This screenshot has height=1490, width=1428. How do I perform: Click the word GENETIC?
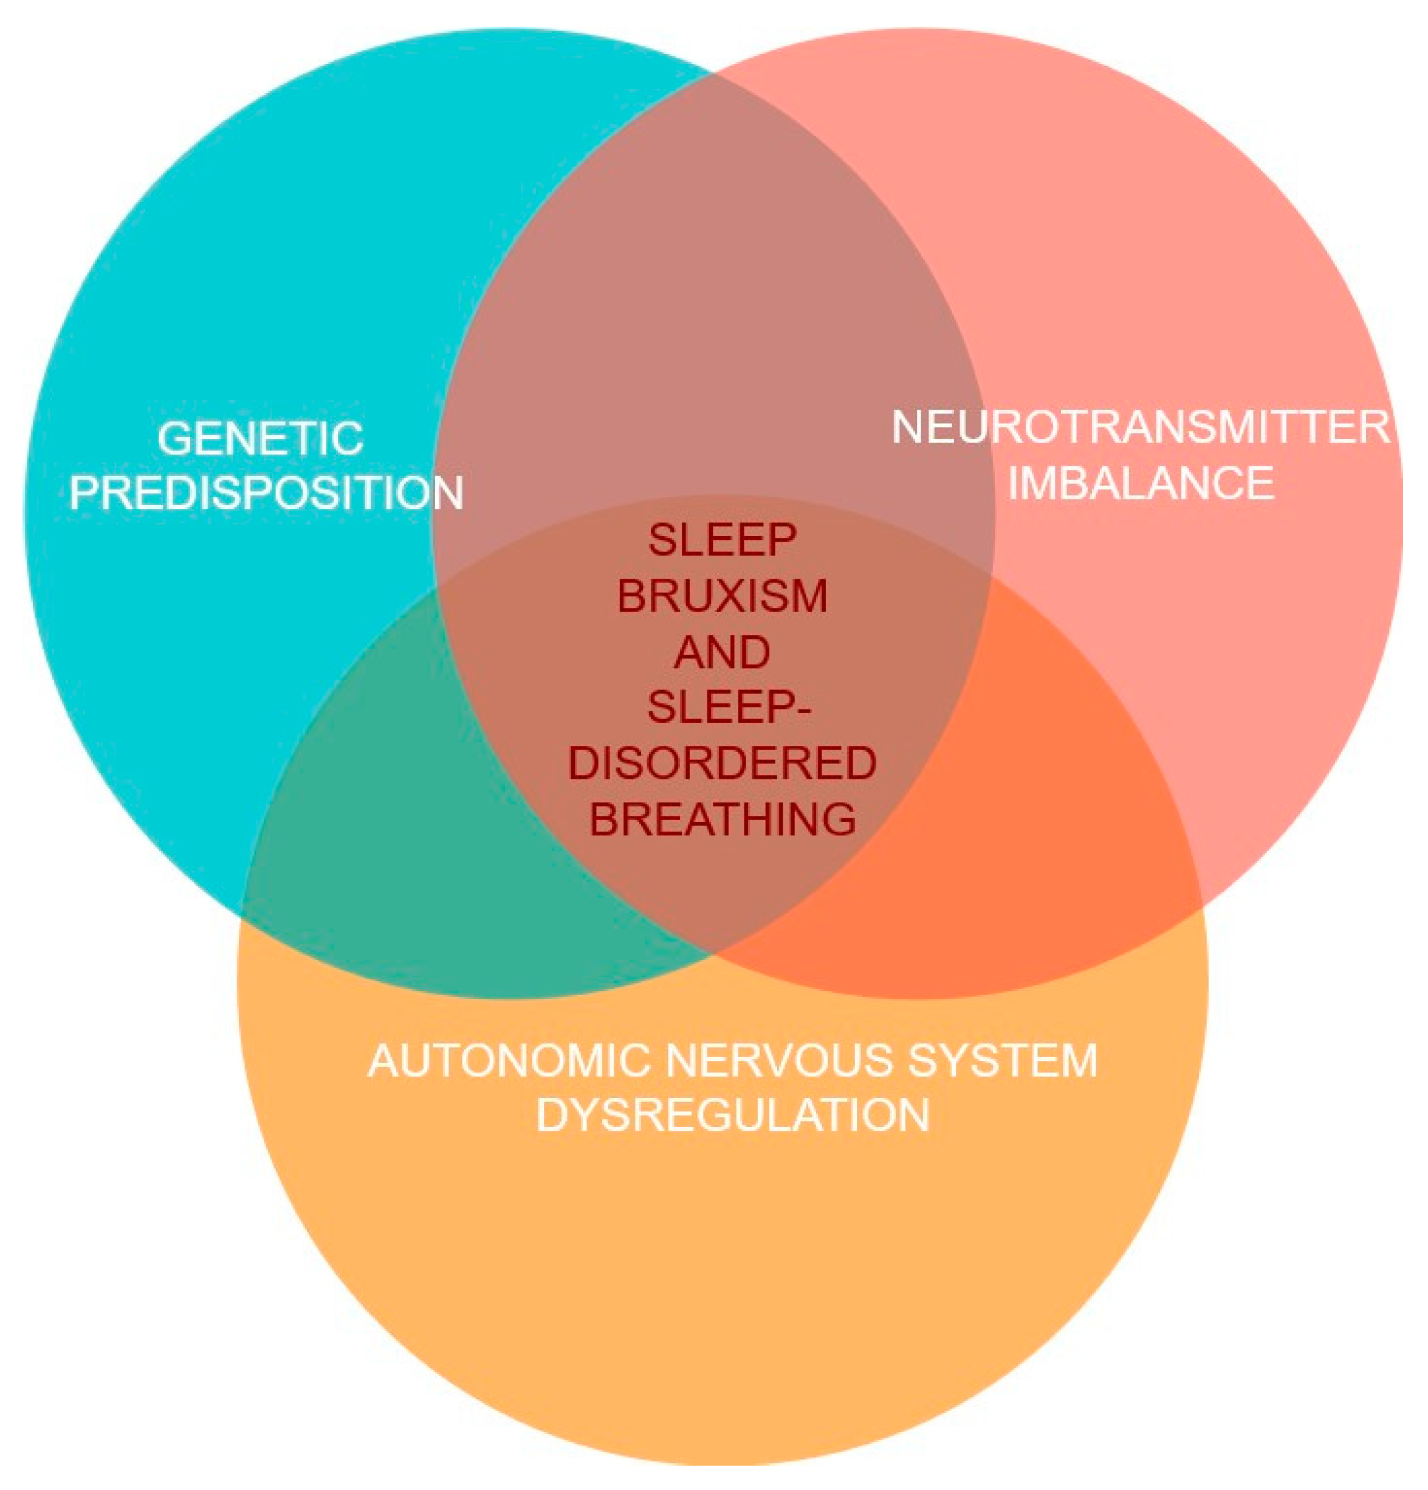point(260,439)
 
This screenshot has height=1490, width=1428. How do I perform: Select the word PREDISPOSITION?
point(266,492)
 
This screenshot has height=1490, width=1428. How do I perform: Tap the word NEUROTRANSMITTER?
point(1140,427)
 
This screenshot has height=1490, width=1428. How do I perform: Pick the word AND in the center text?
point(721,652)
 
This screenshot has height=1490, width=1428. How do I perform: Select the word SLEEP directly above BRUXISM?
point(721,540)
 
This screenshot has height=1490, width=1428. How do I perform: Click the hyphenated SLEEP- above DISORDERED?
point(721,708)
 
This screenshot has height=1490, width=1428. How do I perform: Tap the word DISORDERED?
point(721,764)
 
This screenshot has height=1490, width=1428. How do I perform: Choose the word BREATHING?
point(721,819)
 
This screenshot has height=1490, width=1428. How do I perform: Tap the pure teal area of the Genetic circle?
point(228,266)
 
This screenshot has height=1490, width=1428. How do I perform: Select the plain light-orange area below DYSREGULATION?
point(722,1292)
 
